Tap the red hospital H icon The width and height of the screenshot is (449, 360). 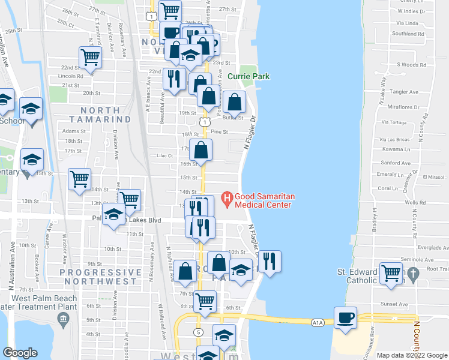click(x=227, y=196)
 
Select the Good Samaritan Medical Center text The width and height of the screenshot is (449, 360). click(x=263, y=200)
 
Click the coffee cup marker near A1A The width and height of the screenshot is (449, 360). click(x=345, y=317)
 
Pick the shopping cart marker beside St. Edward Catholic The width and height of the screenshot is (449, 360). click(x=391, y=273)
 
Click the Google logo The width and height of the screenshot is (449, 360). click(x=20, y=353)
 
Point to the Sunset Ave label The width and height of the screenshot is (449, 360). click(x=396, y=304)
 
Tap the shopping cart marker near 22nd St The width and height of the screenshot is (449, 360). click(x=90, y=58)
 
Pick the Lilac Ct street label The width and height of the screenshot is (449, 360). click(x=164, y=155)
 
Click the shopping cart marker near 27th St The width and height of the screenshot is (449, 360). click(x=170, y=10)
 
